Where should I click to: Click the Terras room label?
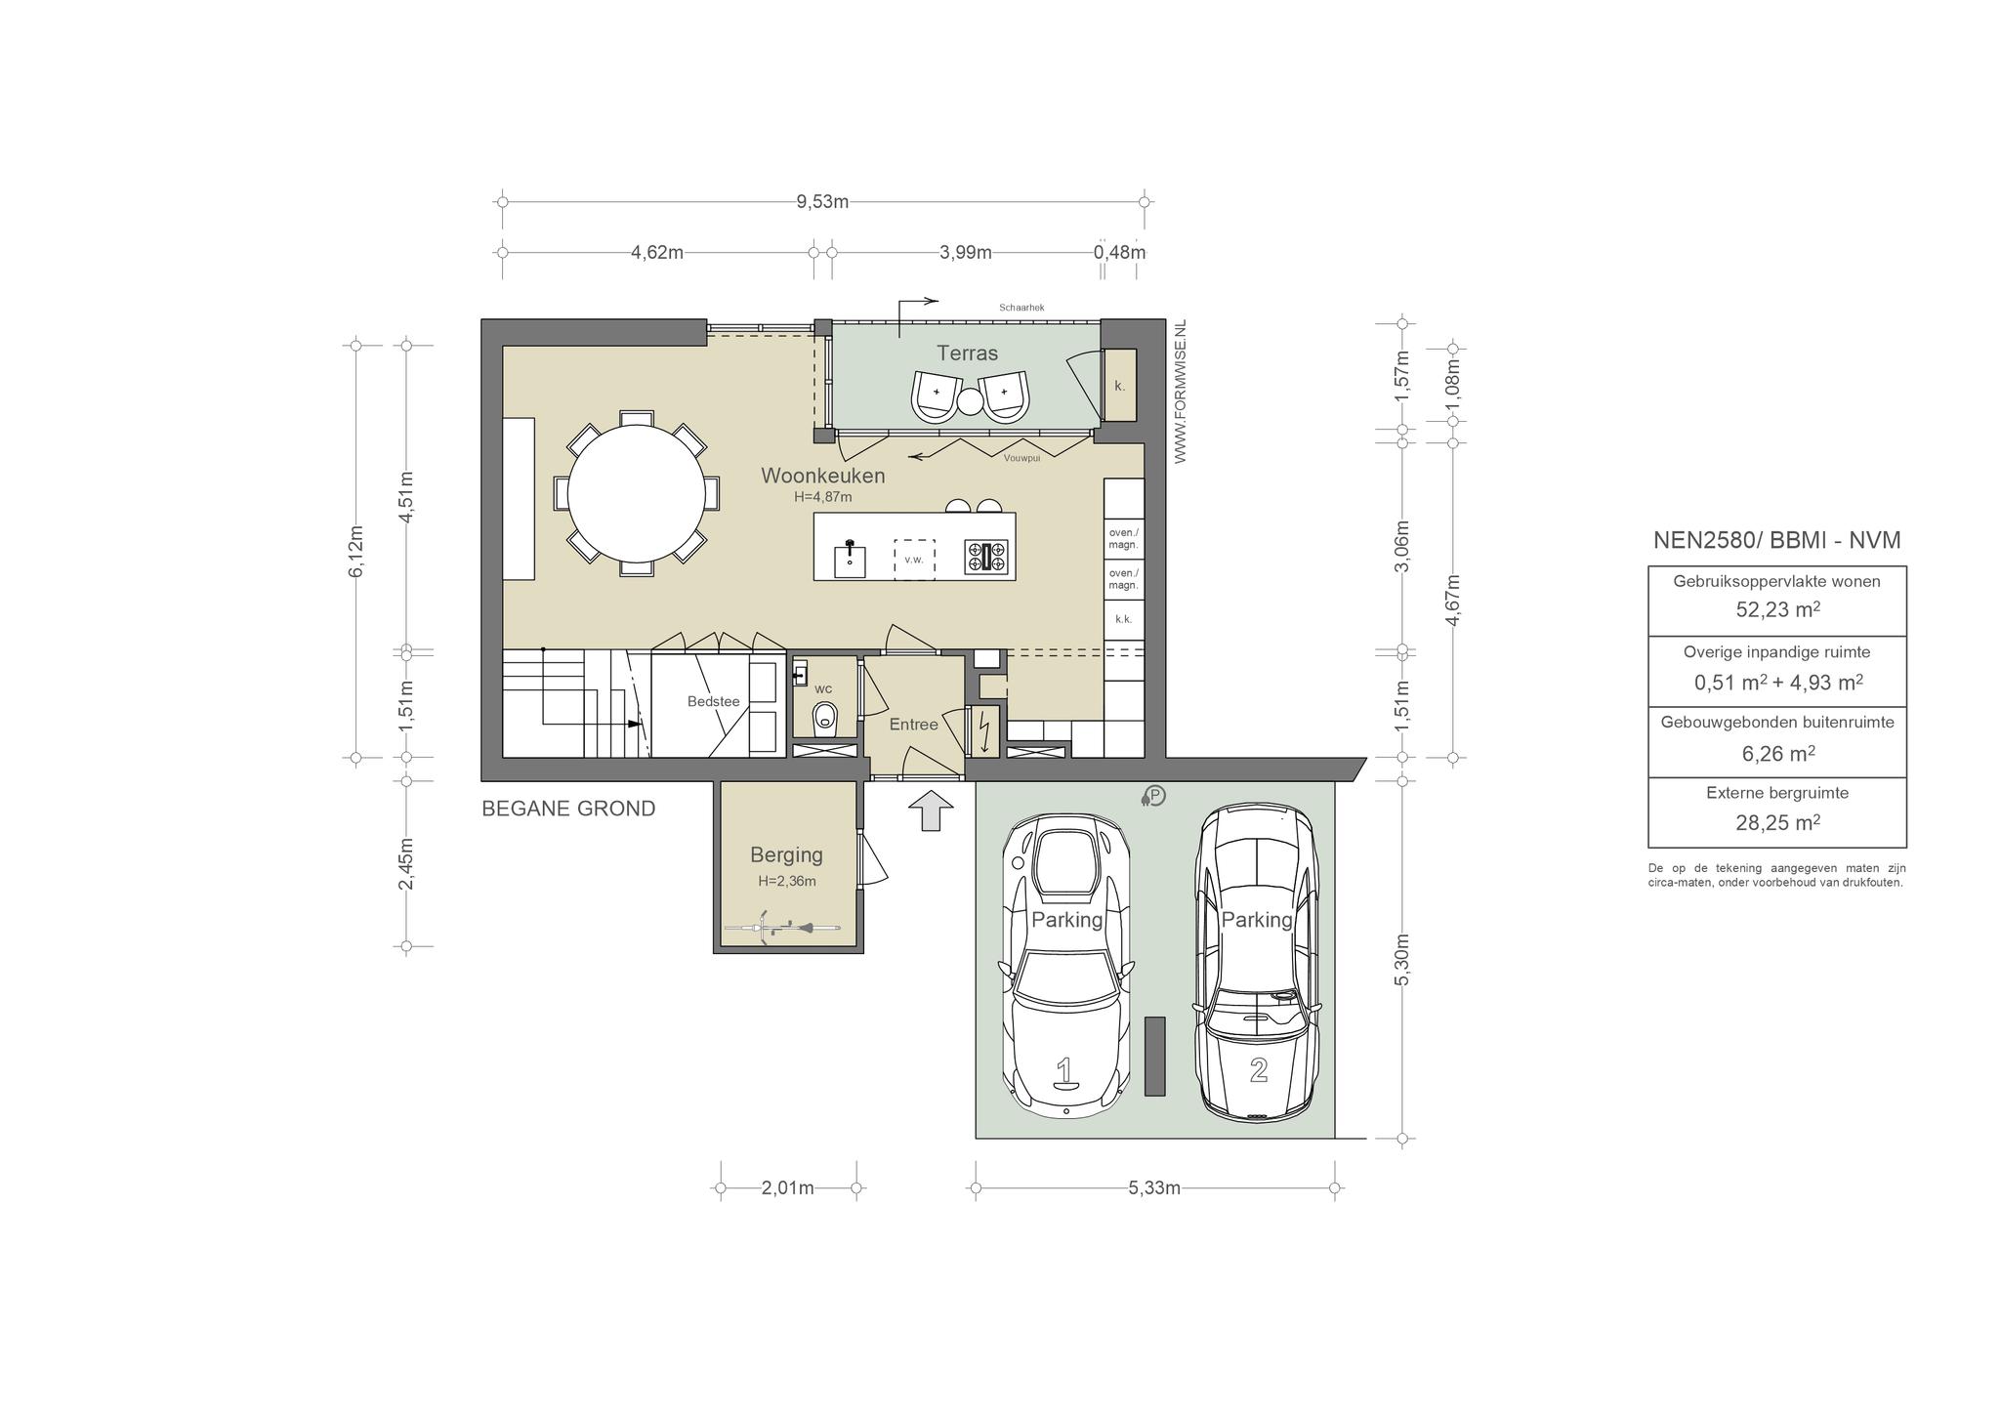pos(967,353)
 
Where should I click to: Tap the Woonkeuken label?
pos(823,476)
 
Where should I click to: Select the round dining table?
pos(637,492)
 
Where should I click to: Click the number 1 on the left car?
pos(1064,1071)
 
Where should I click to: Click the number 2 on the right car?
pos(1259,1069)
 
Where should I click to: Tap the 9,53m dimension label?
pos(822,202)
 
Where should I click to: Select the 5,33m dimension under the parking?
pos(1154,1188)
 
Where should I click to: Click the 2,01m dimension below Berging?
pos(788,1188)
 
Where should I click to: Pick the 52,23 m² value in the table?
pos(1777,609)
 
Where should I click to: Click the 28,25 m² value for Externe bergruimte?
pos(1777,822)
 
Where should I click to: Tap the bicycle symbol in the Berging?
pos(782,928)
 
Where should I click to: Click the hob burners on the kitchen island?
pos(985,557)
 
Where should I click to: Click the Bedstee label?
pos(714,701)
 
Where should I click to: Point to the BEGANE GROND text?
pos(568,809)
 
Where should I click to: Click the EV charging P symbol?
pos(1153,797)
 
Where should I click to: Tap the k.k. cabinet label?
pos(1123,619)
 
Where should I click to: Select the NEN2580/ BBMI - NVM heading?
pos(1777,540)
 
